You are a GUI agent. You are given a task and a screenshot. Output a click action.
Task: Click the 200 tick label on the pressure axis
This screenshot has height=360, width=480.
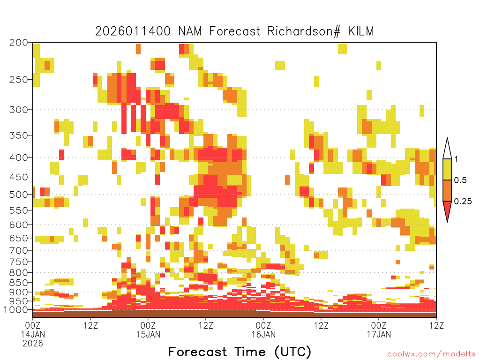click(18, 43)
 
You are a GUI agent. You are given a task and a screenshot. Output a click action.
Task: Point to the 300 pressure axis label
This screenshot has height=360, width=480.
click(18, 110)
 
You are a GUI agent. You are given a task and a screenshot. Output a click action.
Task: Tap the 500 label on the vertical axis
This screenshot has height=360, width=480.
click(18, 195)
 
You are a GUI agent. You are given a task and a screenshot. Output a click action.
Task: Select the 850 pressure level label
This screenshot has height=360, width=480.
click(18, 283)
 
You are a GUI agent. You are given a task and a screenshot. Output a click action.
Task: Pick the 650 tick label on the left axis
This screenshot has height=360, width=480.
click(18, 238)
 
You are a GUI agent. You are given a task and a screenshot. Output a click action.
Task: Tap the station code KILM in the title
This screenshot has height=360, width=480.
click(361, 31)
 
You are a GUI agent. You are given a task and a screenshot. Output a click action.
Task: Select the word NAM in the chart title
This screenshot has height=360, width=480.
click(190, 31)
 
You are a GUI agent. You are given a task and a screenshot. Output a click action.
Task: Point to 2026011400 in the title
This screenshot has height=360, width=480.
click(133, 31)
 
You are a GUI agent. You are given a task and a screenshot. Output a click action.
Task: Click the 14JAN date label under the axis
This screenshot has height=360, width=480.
click(33, 334)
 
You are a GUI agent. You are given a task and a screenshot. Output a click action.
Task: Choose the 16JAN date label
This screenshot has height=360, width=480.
click(263, 334)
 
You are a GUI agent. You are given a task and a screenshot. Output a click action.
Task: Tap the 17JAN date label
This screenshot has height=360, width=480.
click(379, 334)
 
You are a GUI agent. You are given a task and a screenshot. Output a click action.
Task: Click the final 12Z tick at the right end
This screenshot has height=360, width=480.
click(436, 325)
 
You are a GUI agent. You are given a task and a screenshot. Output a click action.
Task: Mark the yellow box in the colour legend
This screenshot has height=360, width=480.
click(447, 169)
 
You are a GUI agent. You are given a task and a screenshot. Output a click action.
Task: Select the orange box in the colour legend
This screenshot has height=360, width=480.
click(447, 190)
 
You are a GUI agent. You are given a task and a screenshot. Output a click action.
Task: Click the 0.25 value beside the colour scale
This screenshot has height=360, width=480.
click(463, 202)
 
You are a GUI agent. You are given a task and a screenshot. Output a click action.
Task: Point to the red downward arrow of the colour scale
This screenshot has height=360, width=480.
click(447, 210)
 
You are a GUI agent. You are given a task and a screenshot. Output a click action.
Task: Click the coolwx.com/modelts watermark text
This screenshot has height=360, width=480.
click(431, 354)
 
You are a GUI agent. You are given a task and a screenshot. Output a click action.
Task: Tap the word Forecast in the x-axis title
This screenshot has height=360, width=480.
click(198, 352)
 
